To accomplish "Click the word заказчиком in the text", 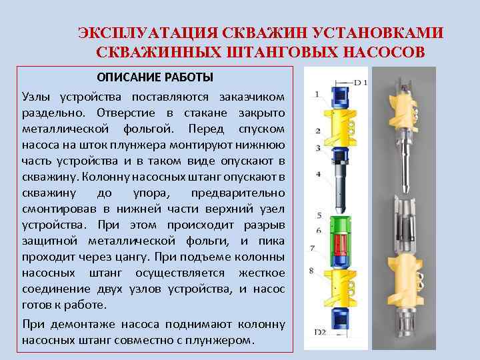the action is coord(252,97).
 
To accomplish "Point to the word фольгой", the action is coord(149,129).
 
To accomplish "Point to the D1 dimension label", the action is coord(361,83).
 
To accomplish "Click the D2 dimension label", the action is coord(320,332).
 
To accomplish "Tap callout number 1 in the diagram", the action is coord(317,94).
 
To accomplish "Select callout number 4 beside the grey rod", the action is coord(319,175).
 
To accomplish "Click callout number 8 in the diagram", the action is coord(311,271).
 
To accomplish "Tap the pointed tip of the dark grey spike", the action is coord(340,213).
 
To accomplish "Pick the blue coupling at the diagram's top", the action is coord(340,97).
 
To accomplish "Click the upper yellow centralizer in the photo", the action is coord(403,114).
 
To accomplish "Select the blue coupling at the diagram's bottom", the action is coord(340,319).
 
